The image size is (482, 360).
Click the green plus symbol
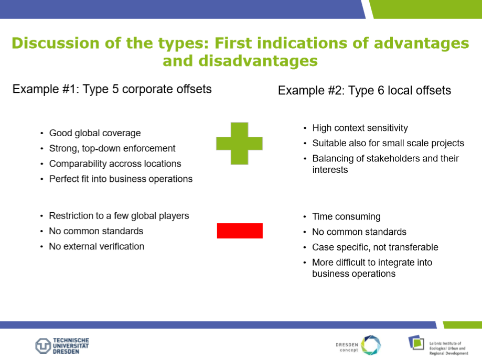(240, 144)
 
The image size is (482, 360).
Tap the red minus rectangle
(240, 231)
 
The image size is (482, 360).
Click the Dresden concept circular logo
(371, 345)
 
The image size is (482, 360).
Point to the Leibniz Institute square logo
(416, 342)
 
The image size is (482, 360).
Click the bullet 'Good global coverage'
(95, 133)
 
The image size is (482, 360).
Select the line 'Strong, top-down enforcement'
(112, 148)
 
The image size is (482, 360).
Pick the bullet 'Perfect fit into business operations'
(121, 179)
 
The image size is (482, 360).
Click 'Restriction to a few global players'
(119, 216)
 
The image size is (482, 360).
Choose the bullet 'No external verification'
(97, 246)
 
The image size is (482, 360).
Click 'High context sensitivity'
(360, 128)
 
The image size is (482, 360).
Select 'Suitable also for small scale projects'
(388, 143)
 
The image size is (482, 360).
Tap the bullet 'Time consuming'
(347, 216)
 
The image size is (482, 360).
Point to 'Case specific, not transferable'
(375, 247)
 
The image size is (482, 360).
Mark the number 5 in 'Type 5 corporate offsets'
(115, 89)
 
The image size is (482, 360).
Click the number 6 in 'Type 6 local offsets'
(381, 90)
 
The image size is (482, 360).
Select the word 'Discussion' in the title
(56, 43)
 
